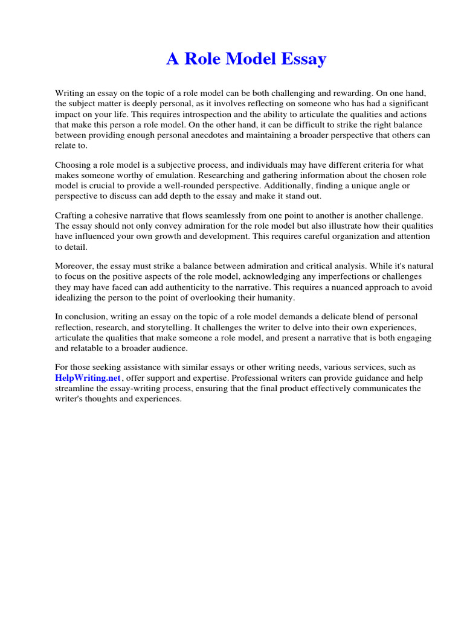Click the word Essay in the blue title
coord(301,59)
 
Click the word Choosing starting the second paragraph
coord(73,165)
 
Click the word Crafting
coord(72,215)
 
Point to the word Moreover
coord(75,266)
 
